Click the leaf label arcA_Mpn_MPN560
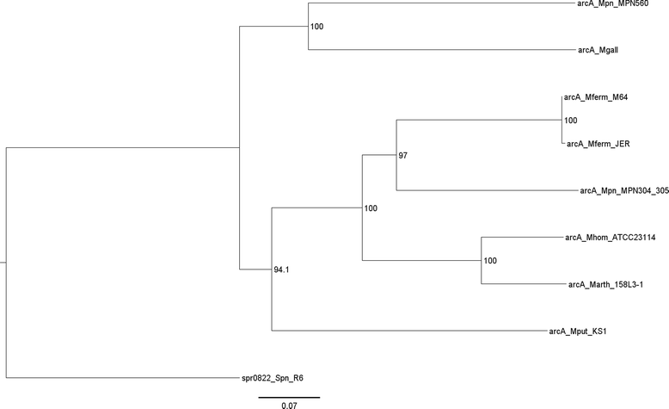click(x=613, y=4)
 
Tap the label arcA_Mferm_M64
click(x=596, y=97)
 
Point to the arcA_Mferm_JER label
click(x=599, y=144)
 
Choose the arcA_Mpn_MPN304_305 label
click(x=624, y=190)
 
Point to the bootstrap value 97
click(x=403, y=156)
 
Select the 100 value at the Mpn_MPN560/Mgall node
click(x=317, y=28)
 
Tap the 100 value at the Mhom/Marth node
click(x=490, y=261)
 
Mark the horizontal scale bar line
click(x=289, y=397)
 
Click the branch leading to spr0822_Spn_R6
click(x=120, y=377)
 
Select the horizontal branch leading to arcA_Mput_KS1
click(x=404, y=331)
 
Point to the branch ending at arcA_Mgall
click(x=439, y=50)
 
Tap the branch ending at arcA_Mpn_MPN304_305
click(x=482, y=190)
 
